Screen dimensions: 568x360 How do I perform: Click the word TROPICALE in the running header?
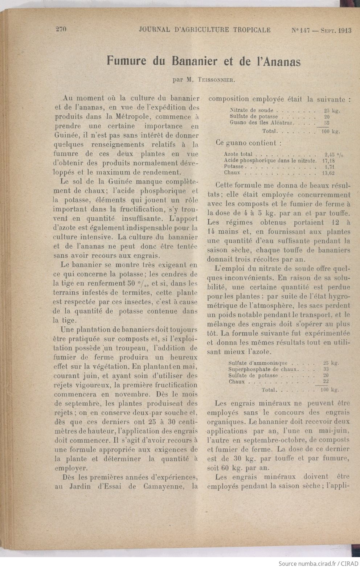(252, 30)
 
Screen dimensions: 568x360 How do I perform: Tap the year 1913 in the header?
(344, 31)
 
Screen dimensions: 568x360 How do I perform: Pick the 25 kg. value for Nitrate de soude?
(332, 111)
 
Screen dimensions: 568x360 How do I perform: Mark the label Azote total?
(238, 155)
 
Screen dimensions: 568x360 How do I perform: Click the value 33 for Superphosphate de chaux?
(326, 369)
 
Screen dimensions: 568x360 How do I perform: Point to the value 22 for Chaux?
(326, 382)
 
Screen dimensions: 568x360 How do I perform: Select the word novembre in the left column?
(142, 394)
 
